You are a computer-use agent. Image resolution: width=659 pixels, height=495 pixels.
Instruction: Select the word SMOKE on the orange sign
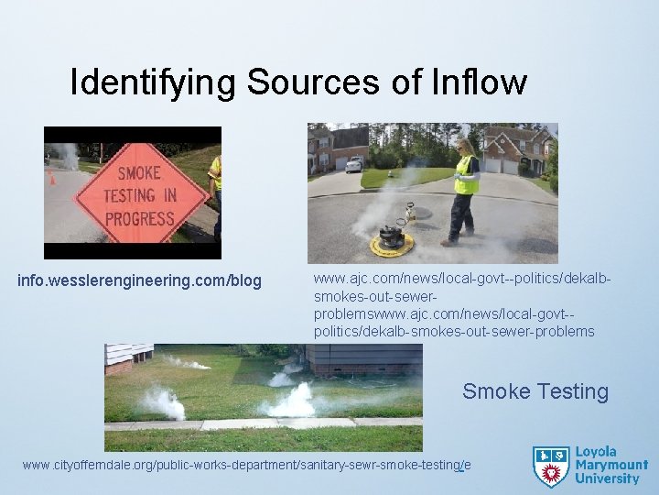pos(138,172)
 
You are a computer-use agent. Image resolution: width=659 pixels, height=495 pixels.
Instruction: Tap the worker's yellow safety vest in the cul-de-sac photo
pos(466,175)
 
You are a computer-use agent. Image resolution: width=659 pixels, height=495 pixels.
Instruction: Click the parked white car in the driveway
pos(353,164)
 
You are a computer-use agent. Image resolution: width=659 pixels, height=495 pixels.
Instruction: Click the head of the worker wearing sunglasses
pos(464,145)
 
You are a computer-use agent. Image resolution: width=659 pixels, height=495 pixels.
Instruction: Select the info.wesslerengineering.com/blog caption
pos(139,280)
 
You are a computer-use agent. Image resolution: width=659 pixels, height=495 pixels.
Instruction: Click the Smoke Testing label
pos(535,391)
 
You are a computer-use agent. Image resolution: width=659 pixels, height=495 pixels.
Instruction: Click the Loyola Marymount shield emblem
pos(551,466)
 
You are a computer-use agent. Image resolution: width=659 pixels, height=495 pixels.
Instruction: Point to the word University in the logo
pos(608,478)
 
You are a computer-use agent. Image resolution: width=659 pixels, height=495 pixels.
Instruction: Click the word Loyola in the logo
pos(596,452)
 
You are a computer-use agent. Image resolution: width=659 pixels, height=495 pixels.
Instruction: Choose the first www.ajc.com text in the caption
pos(350,277)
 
